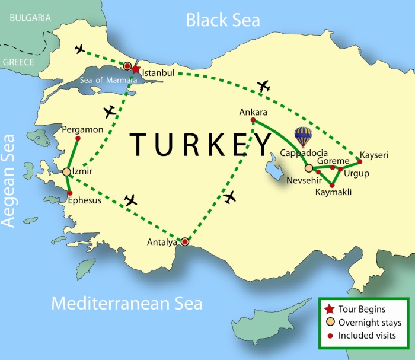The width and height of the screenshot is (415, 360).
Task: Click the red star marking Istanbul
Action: coord(136,69)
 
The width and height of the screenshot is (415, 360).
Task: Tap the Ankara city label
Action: coord(253,111)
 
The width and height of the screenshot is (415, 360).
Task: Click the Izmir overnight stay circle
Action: coord(67,172)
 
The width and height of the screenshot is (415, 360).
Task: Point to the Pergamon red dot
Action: coord(78,139)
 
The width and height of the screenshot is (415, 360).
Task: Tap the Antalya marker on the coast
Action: coord(185,241)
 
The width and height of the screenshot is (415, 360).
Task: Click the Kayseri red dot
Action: coord(360,161)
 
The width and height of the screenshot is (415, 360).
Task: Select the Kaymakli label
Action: coord(334,193)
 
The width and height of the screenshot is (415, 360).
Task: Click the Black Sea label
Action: coord(223,20)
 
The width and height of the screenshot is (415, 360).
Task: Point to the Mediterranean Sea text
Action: coord(127,304)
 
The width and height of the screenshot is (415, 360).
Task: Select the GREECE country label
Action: coord(18,60)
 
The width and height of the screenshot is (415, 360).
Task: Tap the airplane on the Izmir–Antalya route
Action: coord(130,200)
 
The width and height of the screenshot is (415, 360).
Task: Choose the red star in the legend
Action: coord(329,309)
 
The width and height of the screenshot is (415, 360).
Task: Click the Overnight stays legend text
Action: coord(370,323)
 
